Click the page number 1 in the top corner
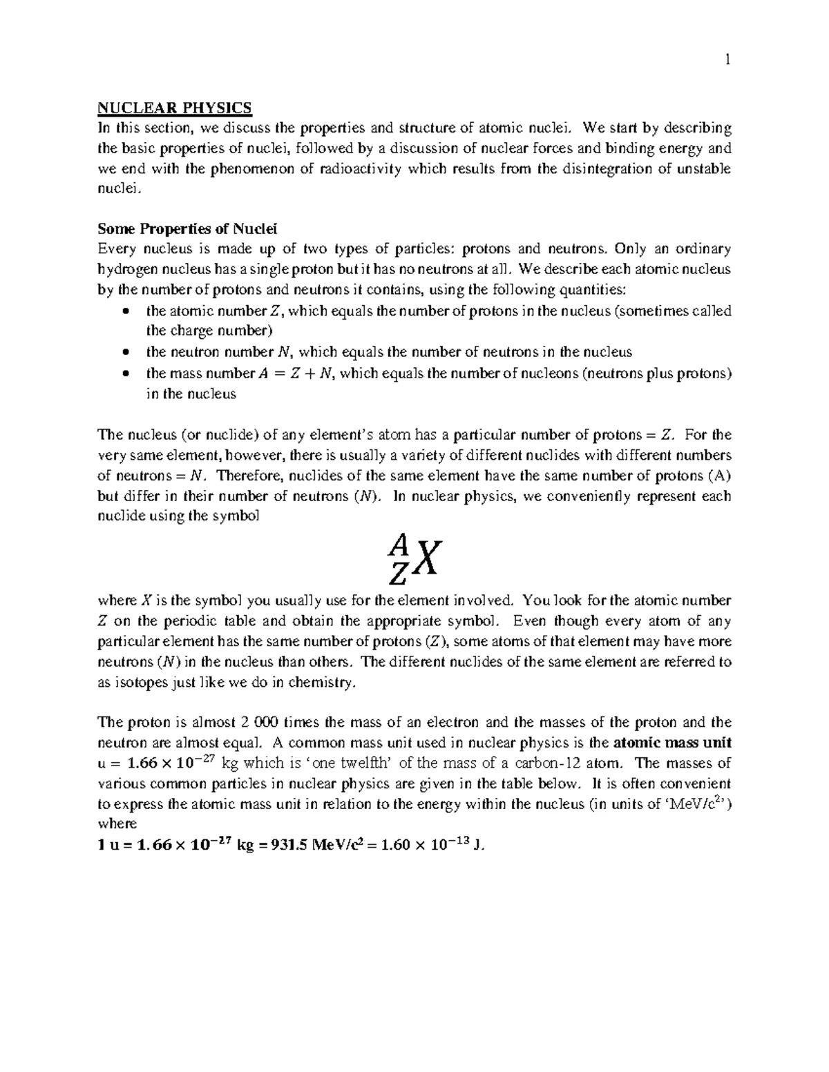(727, 60)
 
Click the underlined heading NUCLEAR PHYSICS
(175, 108)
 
